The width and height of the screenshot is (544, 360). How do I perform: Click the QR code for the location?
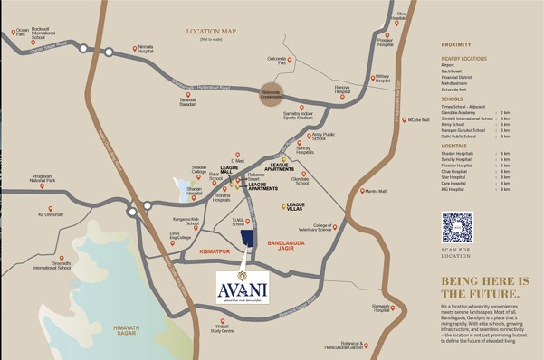[x=457, y=227]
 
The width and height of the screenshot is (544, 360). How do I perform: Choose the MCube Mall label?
[x=418, y=119]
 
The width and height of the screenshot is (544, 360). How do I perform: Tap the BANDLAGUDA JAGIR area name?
[x=290, y=242]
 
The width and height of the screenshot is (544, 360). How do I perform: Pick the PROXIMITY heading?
[x=456, y=44]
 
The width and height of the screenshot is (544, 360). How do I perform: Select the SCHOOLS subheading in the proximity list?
[x=452, y=99]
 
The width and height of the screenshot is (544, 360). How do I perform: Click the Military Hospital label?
[x=381, y=79]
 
